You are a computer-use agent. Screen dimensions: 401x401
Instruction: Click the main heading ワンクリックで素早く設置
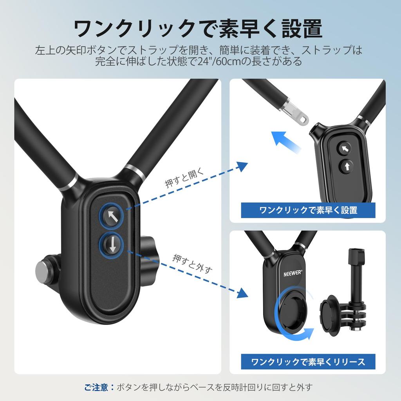pyautogui.click(x=198, y=29)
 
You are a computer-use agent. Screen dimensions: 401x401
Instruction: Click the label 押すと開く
pyautogui.click(x=184, y=179)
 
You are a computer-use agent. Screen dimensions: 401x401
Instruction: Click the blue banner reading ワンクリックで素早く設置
pyautogui.click(x=308, y=210)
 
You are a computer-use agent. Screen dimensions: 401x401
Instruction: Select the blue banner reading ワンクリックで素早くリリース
pyautogui.click(x=308, y=361)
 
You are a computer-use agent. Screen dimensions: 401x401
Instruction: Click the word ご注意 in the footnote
pyautogui.click(x=96, y=387)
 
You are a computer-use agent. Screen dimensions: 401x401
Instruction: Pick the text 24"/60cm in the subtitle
pyautogui.click(x=220, y=61)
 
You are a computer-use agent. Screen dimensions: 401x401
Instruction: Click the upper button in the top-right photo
pyautogui.click(x=345, y=148)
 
